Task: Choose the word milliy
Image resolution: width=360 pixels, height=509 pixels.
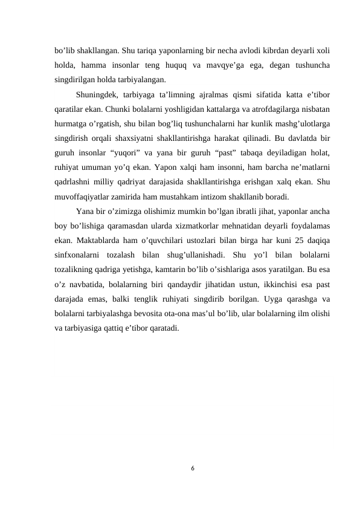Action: (x=109, y=181)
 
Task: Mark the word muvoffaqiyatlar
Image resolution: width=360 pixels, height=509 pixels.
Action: (x=83, y=196)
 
